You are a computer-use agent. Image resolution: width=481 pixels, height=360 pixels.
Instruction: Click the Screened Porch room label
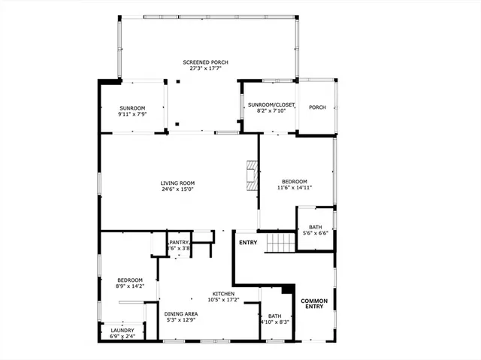(x=205, y=62)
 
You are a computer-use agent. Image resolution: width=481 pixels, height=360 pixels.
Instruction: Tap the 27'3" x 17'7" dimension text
(x=205, y=68)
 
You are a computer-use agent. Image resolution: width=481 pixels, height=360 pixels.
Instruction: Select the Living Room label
(x=177, y=183)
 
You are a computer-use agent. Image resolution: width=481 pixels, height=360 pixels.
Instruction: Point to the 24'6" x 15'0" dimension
(x=177, y=189)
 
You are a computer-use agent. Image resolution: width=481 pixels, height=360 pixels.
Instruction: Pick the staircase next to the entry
(x=280, y=243)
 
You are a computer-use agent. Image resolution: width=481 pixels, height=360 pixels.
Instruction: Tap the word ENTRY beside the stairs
(x=247, y=243)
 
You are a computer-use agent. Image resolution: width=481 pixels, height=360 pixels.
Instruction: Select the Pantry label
(x=179, y=242)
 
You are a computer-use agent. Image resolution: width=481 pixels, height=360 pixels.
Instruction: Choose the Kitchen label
(x=223, y=293)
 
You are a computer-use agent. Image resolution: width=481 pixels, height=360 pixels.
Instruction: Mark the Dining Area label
(x=181, y=313)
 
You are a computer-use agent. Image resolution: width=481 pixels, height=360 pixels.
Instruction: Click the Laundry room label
(x=123, y=330)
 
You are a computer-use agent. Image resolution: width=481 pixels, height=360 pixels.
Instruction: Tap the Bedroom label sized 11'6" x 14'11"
(x=295, y=181)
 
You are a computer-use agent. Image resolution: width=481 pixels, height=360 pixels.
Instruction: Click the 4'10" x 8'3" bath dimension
(x=274, y=322)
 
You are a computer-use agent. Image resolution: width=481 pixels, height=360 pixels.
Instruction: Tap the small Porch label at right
(x=317, y=107)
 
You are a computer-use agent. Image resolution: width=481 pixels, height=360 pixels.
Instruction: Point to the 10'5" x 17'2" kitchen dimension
(x=223, y=300)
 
